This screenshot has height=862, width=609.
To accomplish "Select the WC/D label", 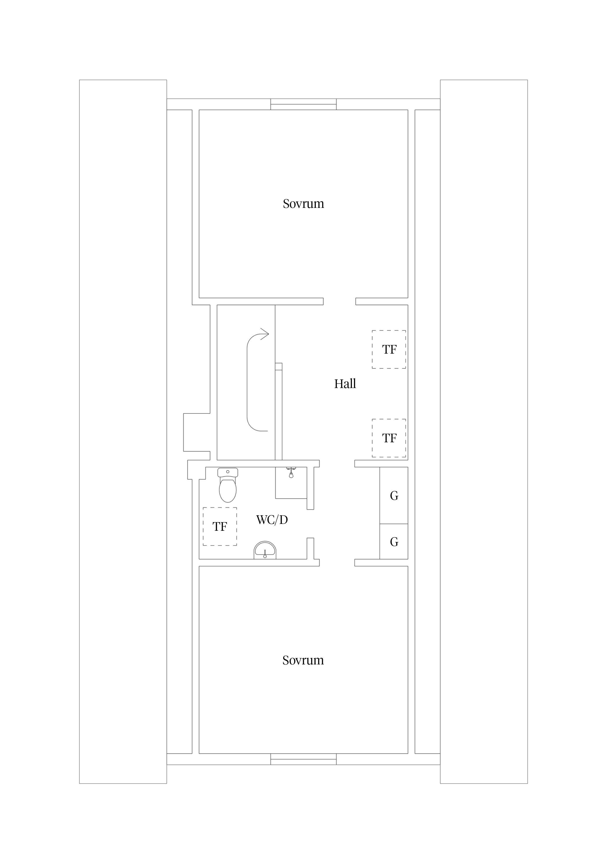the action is [272, 520].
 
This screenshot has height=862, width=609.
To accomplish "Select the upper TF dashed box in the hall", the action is [389, 349].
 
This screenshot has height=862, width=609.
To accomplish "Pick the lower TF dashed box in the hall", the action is [389, 438].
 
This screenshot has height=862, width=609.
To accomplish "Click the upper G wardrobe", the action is [394, 496].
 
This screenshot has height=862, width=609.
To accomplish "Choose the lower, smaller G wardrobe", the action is [394, 542].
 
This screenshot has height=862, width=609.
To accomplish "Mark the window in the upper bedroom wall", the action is [304, 104].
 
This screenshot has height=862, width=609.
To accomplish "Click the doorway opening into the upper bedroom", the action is [340, 302].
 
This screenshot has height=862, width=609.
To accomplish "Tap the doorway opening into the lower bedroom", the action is [337, 563].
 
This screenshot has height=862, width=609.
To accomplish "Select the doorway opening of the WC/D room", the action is [310, 524].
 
